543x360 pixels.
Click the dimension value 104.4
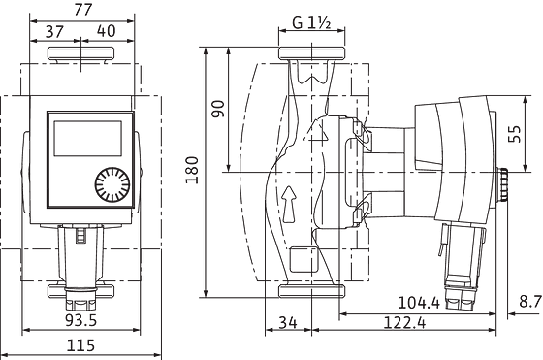pyautogui.click(x=424, y=303)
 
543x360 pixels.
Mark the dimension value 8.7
pyautogui.click(x=528, y=303)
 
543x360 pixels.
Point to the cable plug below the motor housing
pyautogui.click(x=463, y=256)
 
